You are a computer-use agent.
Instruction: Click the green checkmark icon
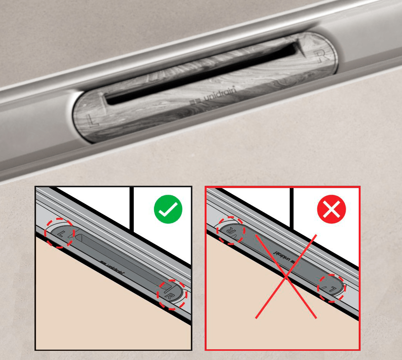click(168, 209)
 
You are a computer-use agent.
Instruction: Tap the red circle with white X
click(331, 209)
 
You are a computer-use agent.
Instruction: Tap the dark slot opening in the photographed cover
click(203, 73)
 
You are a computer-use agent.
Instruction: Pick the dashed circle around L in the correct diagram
click(59, 233)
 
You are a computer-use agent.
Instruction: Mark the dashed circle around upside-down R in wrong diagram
click(230, 230)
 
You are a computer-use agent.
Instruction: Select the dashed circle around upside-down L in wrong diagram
click(331, 288)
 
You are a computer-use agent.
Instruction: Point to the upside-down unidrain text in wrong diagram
click(283, 258)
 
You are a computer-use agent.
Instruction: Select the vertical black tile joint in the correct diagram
click(131, 209)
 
